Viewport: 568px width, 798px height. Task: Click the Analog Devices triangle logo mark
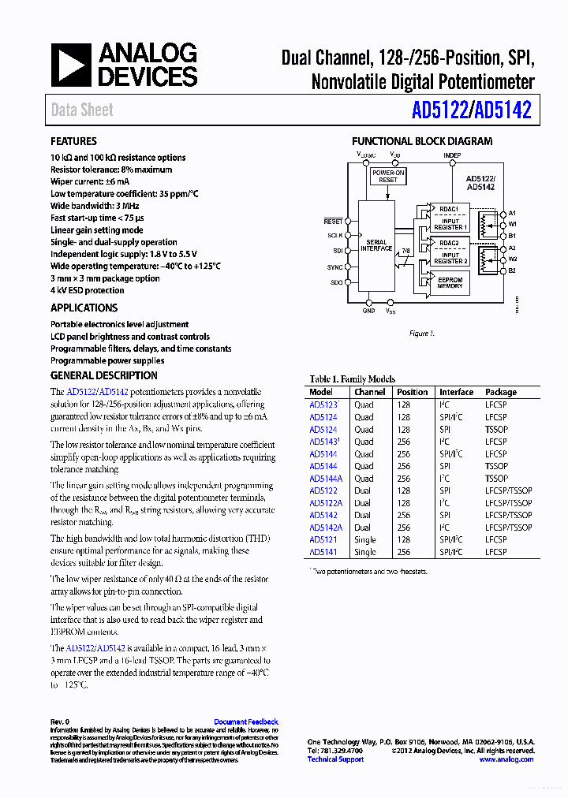tap(71, 65)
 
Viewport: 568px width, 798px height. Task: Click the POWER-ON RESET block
tap(388, 176)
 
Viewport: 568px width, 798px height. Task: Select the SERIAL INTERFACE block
tap(376, 245)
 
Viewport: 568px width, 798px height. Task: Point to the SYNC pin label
tap(335, 267)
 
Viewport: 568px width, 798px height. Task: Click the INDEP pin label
tap(451, 155)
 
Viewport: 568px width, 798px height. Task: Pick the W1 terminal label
tap(512, 224)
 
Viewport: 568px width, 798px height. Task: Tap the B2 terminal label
tap(512, 270)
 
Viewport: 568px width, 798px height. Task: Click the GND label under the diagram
tap(368, 311)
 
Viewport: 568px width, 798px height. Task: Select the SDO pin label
tap(336, 282)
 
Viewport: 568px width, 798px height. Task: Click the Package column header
tap(501, 392)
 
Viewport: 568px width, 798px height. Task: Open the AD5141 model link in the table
tap(323, 552)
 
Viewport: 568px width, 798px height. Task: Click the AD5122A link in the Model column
tap(325, 503)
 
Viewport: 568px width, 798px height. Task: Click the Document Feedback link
tap(246, 722)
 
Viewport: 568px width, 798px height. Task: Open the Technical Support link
tap(335, 759)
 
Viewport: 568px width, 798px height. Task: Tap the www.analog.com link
tap(506, 759)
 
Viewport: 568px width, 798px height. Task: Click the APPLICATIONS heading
tap(84, 308)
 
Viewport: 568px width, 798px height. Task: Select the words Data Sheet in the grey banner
tap(82, 110)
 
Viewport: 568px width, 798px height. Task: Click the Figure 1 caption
tap(421, 334)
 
